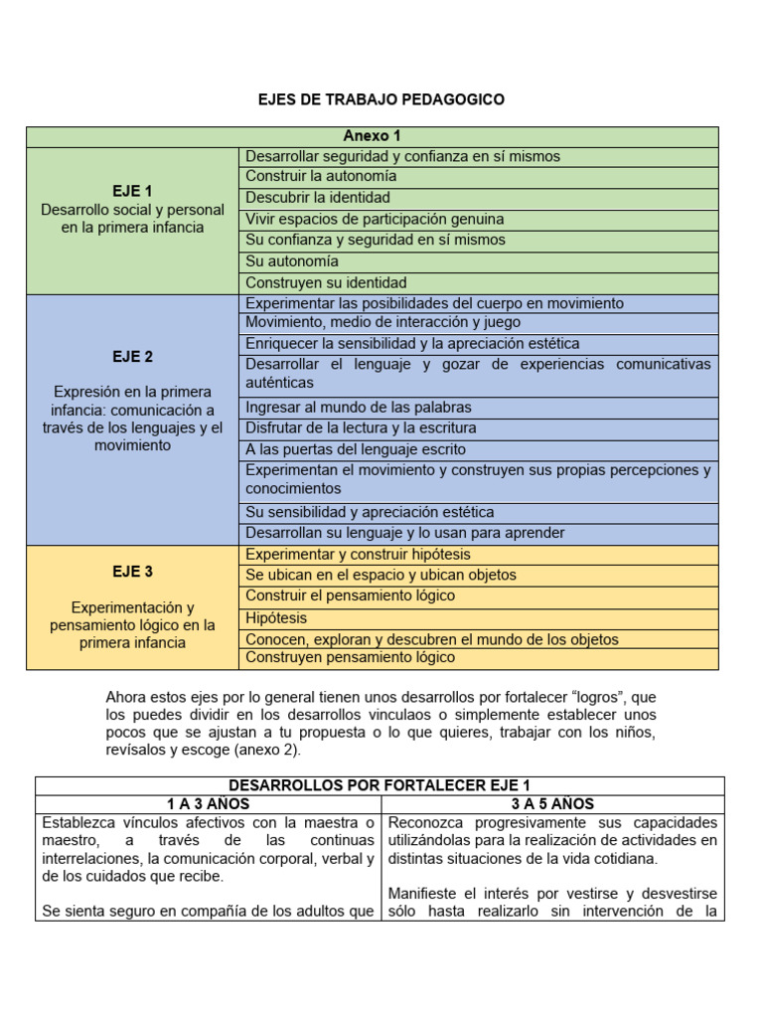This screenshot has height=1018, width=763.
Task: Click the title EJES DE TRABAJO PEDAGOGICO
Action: click(381, 99)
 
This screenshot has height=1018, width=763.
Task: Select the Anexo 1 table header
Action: click(372, 136)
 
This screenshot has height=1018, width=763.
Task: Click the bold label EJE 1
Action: click(132, 191)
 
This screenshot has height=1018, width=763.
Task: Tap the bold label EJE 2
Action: click(132, 356)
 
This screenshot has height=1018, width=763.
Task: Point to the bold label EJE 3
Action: click(132, 572)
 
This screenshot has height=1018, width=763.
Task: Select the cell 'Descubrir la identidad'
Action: click(318, 198)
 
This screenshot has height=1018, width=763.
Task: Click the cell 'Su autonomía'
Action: click(292, 261)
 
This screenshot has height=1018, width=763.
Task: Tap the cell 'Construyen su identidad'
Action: click(326, 282)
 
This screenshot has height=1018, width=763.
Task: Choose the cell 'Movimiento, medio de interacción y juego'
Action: click(382, 323)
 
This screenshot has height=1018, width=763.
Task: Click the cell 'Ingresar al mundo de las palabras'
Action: click(359, 408)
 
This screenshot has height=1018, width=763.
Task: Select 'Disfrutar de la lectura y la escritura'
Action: click(361, 428)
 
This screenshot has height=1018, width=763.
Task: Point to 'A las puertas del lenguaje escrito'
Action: click(355, 449)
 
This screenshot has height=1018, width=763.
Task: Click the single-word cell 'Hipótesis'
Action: click(277, 617)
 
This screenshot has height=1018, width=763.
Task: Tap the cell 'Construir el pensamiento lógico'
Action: click(350, 595)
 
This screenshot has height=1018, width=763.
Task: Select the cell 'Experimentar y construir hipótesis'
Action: click(358, 555)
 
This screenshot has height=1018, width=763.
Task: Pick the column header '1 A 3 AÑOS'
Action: click(208, 804)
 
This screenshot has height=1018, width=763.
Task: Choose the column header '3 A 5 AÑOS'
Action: click(553, 804)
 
